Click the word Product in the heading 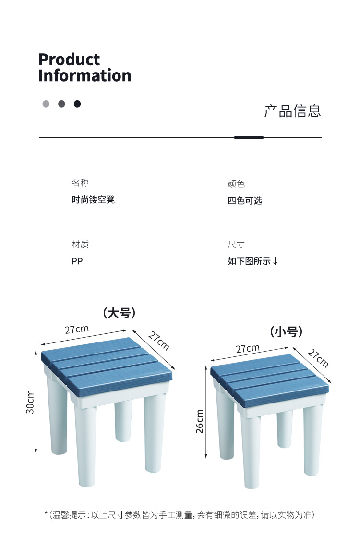coord(69,60)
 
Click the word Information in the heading coord(84,75)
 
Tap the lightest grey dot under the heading coord(46,104)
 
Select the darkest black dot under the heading coord(77,104)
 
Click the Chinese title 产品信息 coord(293,111)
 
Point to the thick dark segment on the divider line coord(249,138)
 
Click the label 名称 coord(81,183)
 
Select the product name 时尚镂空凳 coord(93,200)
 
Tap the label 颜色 coord(236,184)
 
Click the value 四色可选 coord(245,201)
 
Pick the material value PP coord(77,261)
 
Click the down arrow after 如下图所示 coord(275,261)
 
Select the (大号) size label coord(119,313)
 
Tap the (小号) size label coord(286,331)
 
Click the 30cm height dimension coord(30,402)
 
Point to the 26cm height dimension coord(200,421)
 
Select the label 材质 coord(81,244)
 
